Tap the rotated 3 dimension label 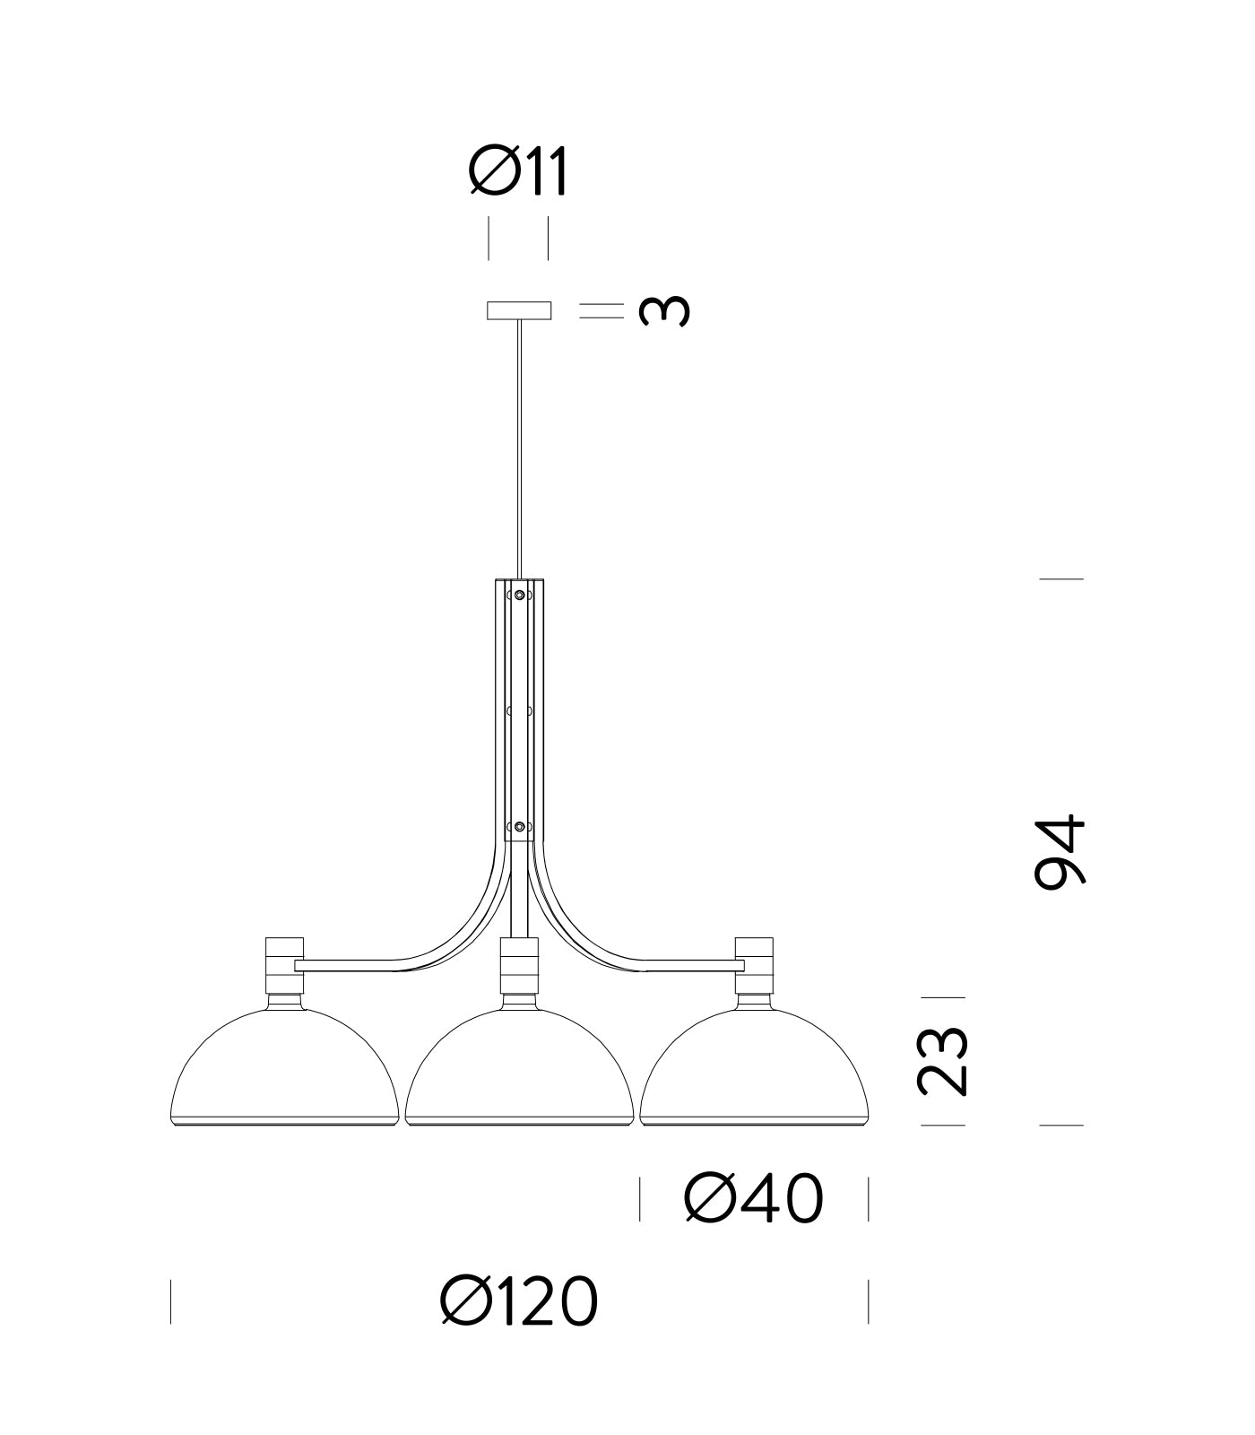coord(664,311)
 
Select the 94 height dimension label coord(1060,851)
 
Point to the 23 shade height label coord(943,1061)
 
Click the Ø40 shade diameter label coord(753,1199)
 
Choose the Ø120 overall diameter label coord(519,1301)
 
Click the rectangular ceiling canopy coord(518,310)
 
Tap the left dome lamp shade coord(284,1072)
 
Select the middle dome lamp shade coord(519,1072)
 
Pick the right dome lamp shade coord(754,1072)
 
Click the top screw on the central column coord(519,595)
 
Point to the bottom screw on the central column coord(519,826)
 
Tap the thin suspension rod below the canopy coord(518,448)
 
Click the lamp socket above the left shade coord(285,965)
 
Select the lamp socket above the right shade coord(754,965)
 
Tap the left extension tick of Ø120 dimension coord(170,1301)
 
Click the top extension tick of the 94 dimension coord(1061,578)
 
